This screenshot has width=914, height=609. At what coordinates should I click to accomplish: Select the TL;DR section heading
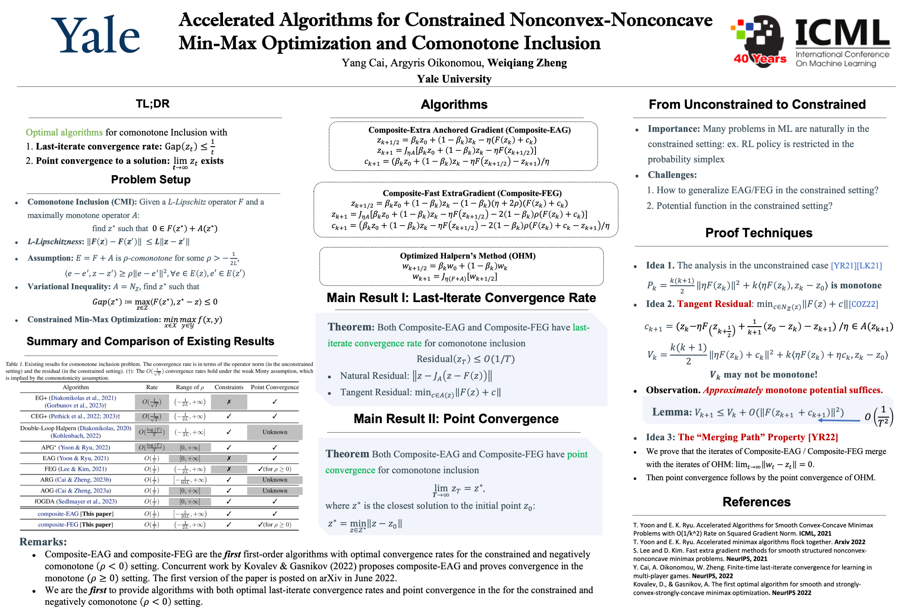pos(153,104)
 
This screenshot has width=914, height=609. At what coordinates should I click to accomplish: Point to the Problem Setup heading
pos(151,179)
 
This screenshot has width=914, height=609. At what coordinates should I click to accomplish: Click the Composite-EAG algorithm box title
pos(469,130)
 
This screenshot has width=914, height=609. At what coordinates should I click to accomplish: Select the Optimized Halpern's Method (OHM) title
pos(467,255)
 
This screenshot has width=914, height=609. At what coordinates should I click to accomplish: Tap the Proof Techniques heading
pos(758,233)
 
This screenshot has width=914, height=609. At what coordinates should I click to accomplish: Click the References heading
pos(756,502)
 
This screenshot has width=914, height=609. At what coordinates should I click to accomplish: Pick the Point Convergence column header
pos(275,387)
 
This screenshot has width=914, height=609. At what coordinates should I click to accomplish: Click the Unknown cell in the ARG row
pos(275,480)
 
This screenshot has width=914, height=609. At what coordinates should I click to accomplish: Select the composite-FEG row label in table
pos(58,525)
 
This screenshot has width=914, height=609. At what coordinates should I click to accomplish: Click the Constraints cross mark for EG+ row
pos(229,402)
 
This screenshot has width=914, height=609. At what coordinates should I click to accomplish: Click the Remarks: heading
pos(43,541)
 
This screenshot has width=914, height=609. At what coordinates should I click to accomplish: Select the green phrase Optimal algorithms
pos(64,132)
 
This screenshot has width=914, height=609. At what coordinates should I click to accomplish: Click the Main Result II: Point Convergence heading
pos(456,419)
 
